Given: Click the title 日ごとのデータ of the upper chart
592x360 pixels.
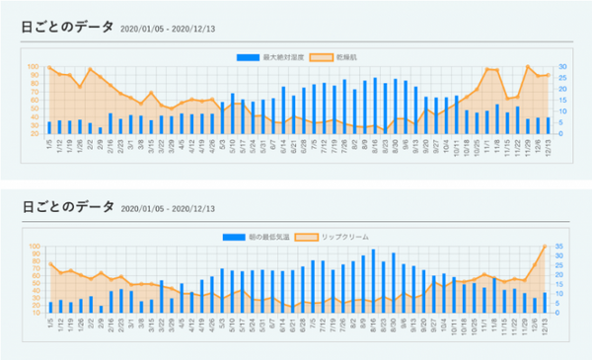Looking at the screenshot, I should (66, 29).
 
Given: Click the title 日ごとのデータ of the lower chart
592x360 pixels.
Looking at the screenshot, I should (66, 207).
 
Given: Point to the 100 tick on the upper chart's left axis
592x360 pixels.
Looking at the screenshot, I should (37, 67).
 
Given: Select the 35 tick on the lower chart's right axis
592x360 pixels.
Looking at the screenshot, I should (561, 247).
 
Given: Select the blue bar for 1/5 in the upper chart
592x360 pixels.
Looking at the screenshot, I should (49, 127).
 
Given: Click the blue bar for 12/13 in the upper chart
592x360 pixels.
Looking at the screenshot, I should (546, 125).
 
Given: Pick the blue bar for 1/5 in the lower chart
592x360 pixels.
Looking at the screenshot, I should (49, 307).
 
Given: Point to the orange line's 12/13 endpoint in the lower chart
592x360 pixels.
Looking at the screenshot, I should (545, 247).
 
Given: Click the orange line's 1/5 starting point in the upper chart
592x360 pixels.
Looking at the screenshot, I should (49, 67).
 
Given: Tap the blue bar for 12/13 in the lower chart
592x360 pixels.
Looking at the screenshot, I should (545, 303).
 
